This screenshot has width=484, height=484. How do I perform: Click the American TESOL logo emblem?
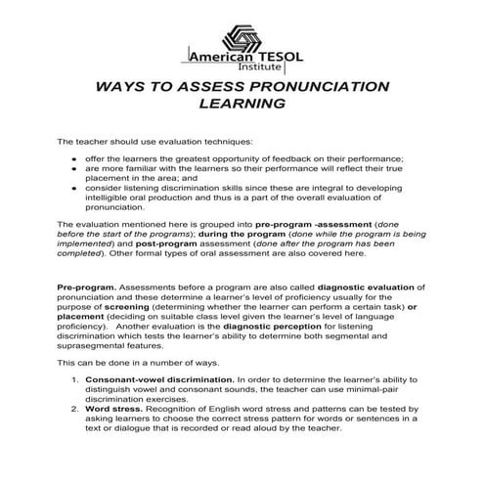click(x=241, y=31)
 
